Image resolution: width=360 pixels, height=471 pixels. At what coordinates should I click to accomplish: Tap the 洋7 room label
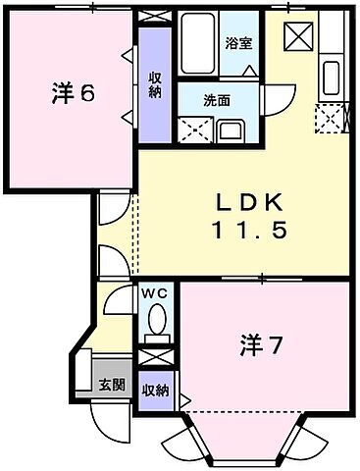click(x=262, y=345)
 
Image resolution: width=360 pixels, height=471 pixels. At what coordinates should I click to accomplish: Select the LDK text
click(x=250, y=203)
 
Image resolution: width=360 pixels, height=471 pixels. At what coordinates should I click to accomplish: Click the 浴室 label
click(x=238, y=43)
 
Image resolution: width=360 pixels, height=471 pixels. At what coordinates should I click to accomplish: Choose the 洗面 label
click(x=218, y=99)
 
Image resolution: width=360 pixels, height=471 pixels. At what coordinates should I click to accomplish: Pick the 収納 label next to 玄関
click(x=155, y=390)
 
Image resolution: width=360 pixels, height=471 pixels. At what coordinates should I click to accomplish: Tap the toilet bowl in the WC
click(x=156, y=319)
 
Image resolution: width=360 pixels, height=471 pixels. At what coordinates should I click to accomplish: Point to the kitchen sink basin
click(x=331, y=75)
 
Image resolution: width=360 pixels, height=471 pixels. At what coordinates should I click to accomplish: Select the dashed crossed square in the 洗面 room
click(x=194, y=131)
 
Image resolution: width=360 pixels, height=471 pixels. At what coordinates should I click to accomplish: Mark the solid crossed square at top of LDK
click(x=298, y=38)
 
